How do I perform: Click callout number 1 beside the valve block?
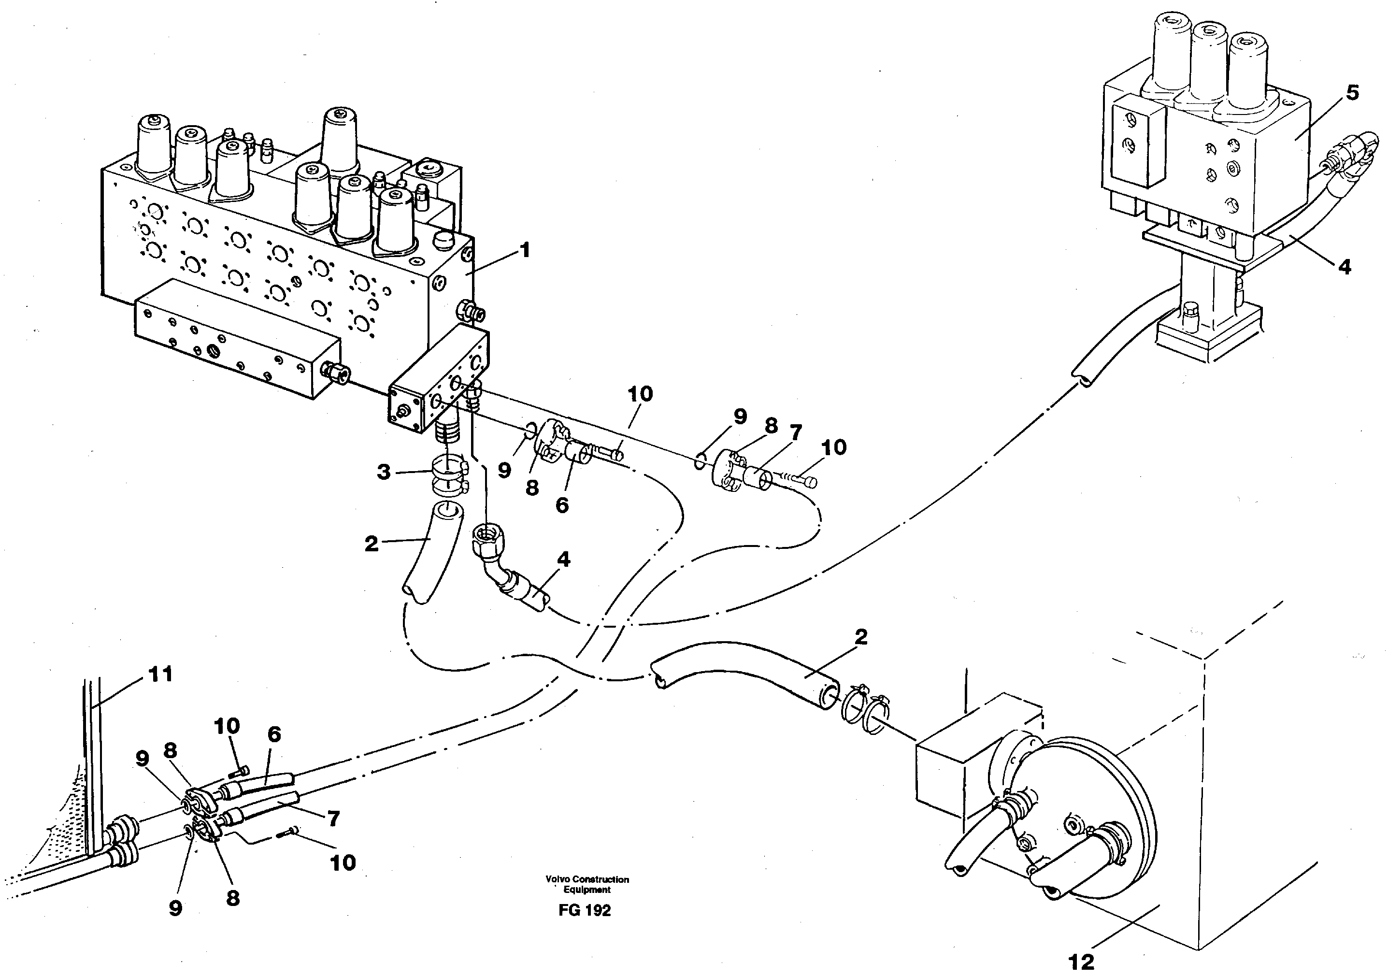coord(525,250)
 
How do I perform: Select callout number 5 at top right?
coord(1352,93)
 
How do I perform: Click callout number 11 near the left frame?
coord(160,674)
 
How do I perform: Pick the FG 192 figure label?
coord(585,910)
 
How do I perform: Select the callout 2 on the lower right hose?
coord(861,637)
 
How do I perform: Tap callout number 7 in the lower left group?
coord(333,819)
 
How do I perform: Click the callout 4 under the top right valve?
coord(1345,266)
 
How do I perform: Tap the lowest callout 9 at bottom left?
coord(175,908)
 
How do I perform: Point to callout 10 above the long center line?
coord(640,394)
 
